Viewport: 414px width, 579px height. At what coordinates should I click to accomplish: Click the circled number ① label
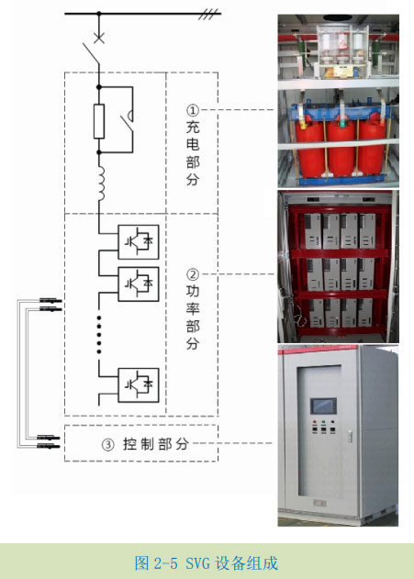193,110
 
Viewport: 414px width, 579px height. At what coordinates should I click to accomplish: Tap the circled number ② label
193,274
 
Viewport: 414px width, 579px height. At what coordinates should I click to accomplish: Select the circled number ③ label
107,444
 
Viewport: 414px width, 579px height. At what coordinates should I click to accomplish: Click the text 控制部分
155,444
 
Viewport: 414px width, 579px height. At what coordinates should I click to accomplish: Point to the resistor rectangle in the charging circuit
99,121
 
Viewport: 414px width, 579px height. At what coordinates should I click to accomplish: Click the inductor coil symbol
100,183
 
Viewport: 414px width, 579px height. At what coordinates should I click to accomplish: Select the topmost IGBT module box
139,242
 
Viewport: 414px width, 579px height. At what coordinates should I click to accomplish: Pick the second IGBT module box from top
139,284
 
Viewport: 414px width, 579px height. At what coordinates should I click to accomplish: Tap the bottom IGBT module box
139,385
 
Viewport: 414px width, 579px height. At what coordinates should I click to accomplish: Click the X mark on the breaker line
98,38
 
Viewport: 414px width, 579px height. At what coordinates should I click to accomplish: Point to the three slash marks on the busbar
208,15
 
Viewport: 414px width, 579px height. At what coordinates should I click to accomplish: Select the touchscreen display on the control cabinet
323,406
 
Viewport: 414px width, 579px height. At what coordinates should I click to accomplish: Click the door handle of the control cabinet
350,437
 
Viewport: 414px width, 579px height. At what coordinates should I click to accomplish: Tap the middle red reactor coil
341,148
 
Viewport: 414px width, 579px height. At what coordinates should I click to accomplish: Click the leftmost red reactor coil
310,148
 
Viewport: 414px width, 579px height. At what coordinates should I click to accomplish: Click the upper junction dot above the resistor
99,87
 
